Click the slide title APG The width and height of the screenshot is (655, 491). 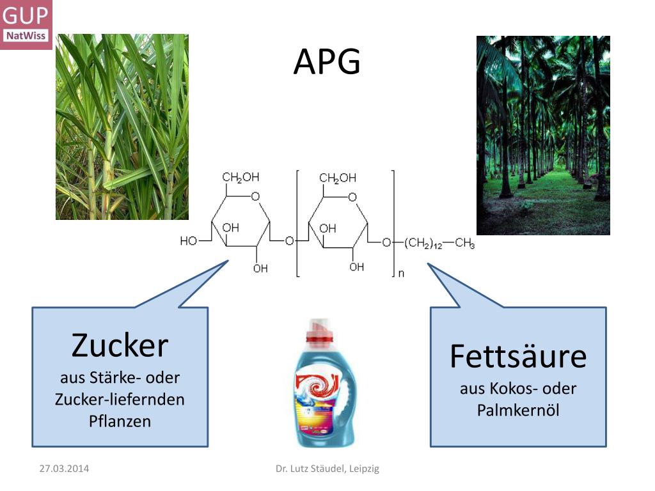[327, 63]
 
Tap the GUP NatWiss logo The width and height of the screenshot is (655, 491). [26, 24]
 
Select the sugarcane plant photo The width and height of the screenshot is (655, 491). [122, 127]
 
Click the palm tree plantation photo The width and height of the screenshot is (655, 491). [543, 136]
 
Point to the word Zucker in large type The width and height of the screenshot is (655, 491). [120, 346]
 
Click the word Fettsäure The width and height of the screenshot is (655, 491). [517, 356]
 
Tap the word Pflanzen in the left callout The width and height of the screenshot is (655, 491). [120, 421]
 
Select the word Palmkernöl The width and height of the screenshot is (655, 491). [517, 410]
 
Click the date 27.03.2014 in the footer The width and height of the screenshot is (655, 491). [64, 469]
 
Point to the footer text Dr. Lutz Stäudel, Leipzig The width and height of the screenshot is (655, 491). [327, 469]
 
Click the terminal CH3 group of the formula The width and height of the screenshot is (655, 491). [465, 243]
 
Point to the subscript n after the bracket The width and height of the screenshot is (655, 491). [402, 274]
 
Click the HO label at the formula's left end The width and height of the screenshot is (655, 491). [188, 241]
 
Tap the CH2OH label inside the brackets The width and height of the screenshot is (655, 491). [338, 178]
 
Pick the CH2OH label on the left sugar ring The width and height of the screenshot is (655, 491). [241, 178]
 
